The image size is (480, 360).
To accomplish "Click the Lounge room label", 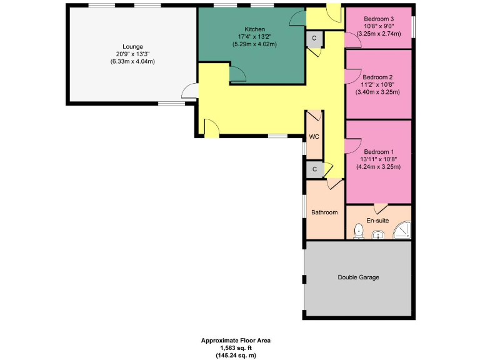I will [132, 46].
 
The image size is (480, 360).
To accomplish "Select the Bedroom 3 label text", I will [378, 19].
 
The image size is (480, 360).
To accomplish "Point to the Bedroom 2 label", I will [378, 77].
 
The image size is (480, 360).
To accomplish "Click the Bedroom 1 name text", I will [378, 152].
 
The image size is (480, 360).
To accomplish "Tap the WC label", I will [314, 137].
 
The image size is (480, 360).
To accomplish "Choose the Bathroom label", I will [324, 212].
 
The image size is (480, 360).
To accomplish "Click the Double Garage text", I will [358, 277].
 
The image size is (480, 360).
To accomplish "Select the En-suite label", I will [377, 221].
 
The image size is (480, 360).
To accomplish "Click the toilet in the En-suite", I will [358, 232].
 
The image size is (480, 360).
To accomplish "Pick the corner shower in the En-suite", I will [402, 232].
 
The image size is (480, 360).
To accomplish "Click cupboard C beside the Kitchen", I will [314, 38].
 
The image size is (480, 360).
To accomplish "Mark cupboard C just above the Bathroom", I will [314, 169].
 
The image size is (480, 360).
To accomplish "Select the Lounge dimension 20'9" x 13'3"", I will [132, 54].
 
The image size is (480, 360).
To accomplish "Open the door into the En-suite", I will [379, 208].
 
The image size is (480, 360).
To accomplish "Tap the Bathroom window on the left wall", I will [305, 212].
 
